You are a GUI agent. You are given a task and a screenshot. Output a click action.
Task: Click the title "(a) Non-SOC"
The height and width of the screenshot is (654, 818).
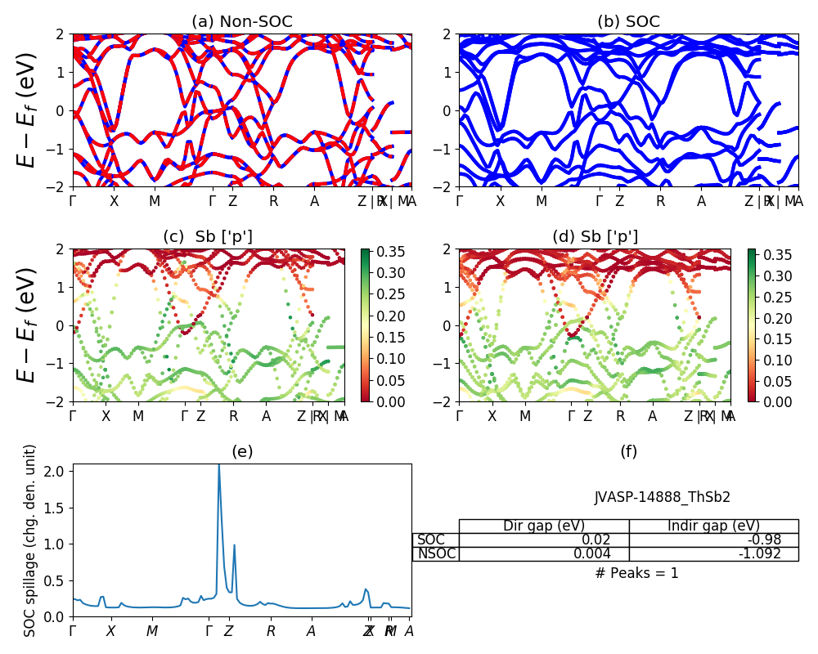(x=241, y=22)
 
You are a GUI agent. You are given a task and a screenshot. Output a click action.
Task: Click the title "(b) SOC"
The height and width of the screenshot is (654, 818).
(x=628, y=22)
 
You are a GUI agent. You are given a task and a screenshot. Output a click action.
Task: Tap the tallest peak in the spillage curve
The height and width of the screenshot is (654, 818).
(x=218, y=466)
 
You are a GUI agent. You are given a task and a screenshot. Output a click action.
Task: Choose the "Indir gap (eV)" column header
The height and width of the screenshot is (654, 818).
(x=713, y=526)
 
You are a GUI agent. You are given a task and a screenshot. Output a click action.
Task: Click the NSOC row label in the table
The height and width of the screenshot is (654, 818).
(x=436, y=553)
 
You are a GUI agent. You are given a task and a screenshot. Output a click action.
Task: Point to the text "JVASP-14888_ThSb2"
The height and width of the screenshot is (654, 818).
(x=662, y=497)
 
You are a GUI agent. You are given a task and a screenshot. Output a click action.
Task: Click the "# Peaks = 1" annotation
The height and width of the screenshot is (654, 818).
(x=636, y=573)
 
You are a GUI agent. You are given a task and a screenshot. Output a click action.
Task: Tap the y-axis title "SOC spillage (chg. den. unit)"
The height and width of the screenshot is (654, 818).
(x=30, y=540)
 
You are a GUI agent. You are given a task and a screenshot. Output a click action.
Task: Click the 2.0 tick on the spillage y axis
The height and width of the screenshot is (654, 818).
(x=56, y=472)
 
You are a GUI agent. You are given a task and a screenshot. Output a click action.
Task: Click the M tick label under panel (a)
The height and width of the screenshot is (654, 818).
(x=155, y=201)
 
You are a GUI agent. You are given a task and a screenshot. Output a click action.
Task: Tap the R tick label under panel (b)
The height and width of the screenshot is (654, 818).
(x=660, y=201)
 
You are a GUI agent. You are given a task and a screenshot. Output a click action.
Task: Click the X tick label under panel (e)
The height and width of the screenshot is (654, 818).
(x=110, y=631)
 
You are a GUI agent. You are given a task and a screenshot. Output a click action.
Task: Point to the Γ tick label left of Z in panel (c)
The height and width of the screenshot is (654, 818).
(x=184, y=416)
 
